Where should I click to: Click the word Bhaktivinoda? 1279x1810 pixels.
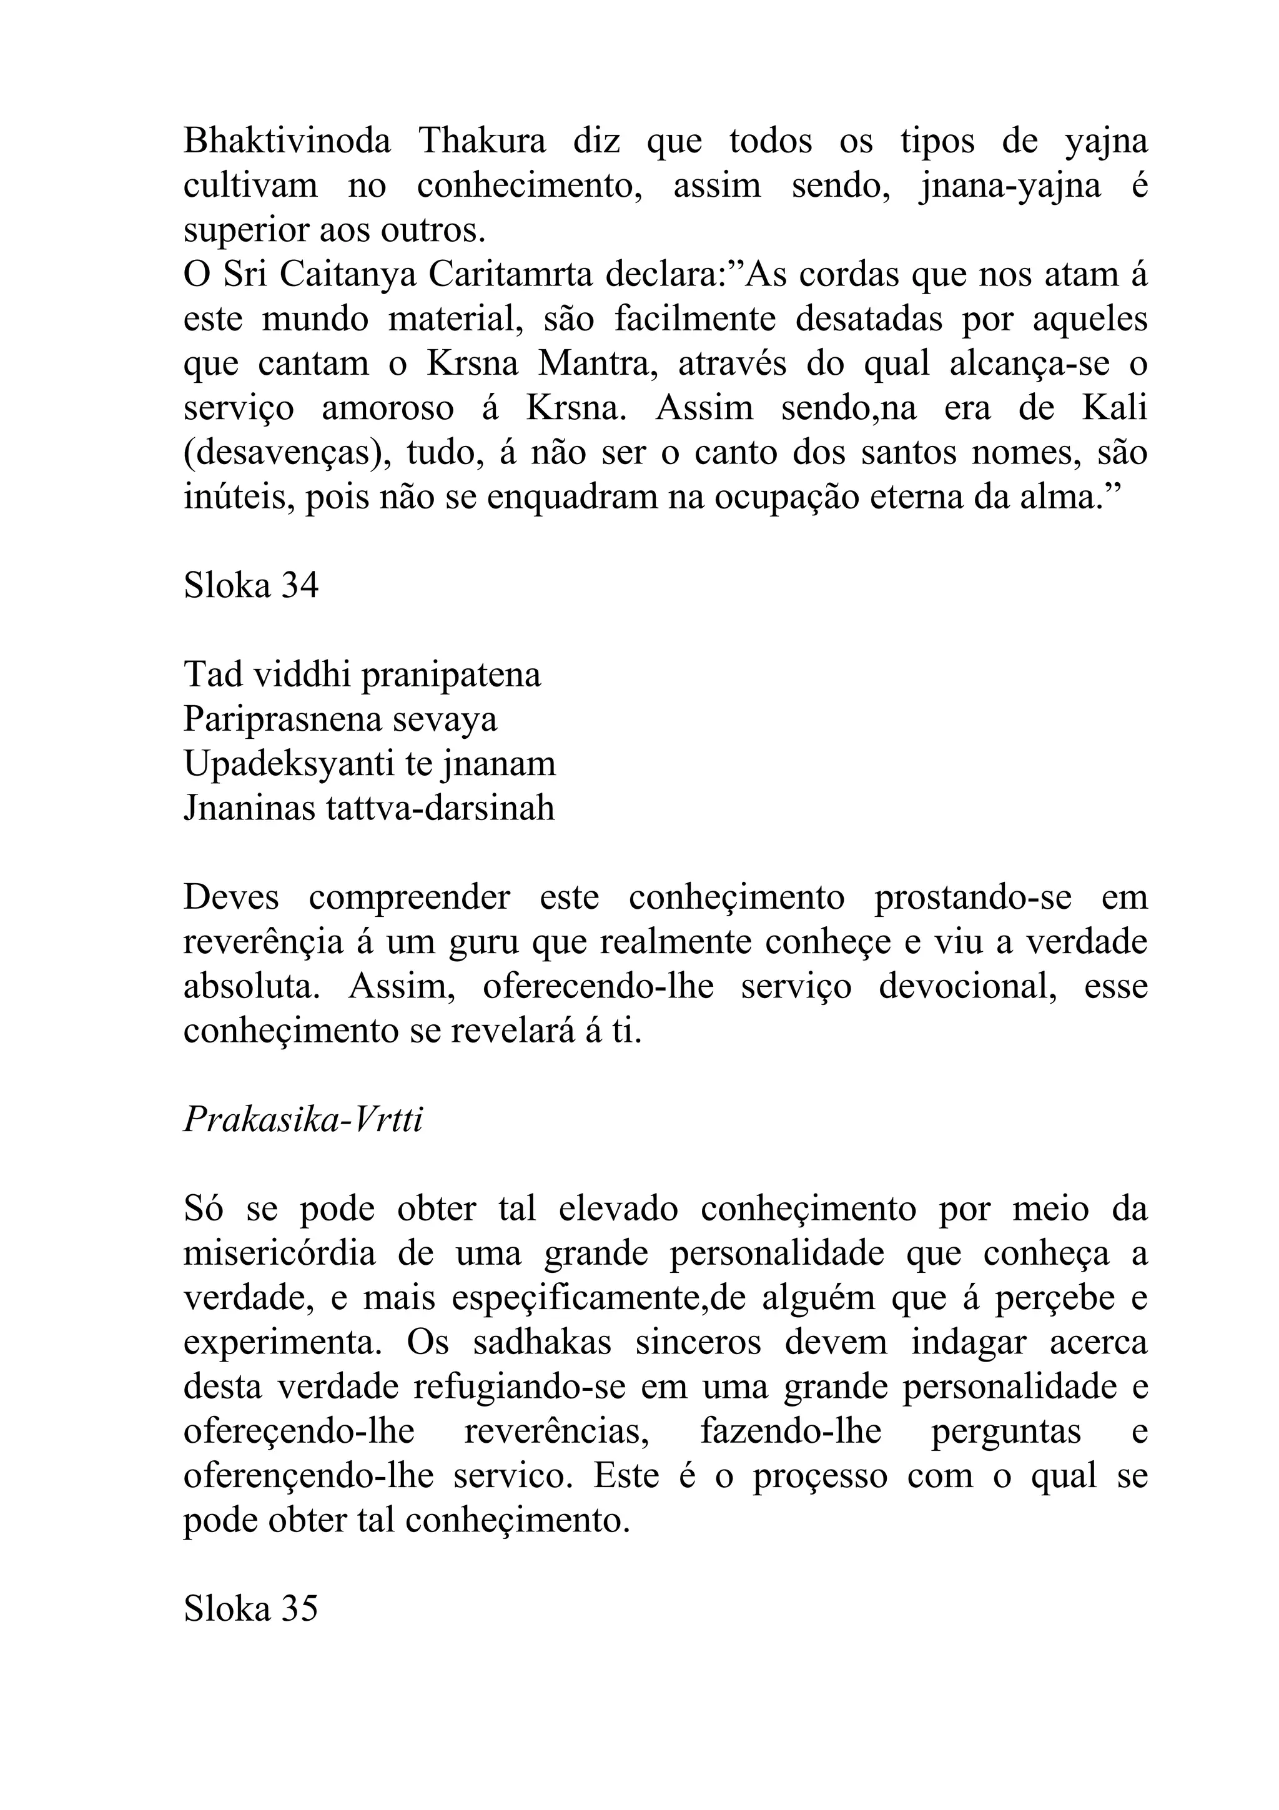(x=287, y=142)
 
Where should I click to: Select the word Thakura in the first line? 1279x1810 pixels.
(x=481, y=142)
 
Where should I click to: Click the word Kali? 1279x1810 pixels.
(x=1114, y=408)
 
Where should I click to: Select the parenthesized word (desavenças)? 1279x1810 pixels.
(x=289, y=454)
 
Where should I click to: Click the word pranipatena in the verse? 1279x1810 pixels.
(x=451, y=676)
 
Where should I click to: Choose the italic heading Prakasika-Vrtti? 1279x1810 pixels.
(x=303, y=1119)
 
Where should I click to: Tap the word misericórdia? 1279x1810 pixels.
(x=279, y=1254)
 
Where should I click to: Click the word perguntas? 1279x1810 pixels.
(x=1005, y=1432)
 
